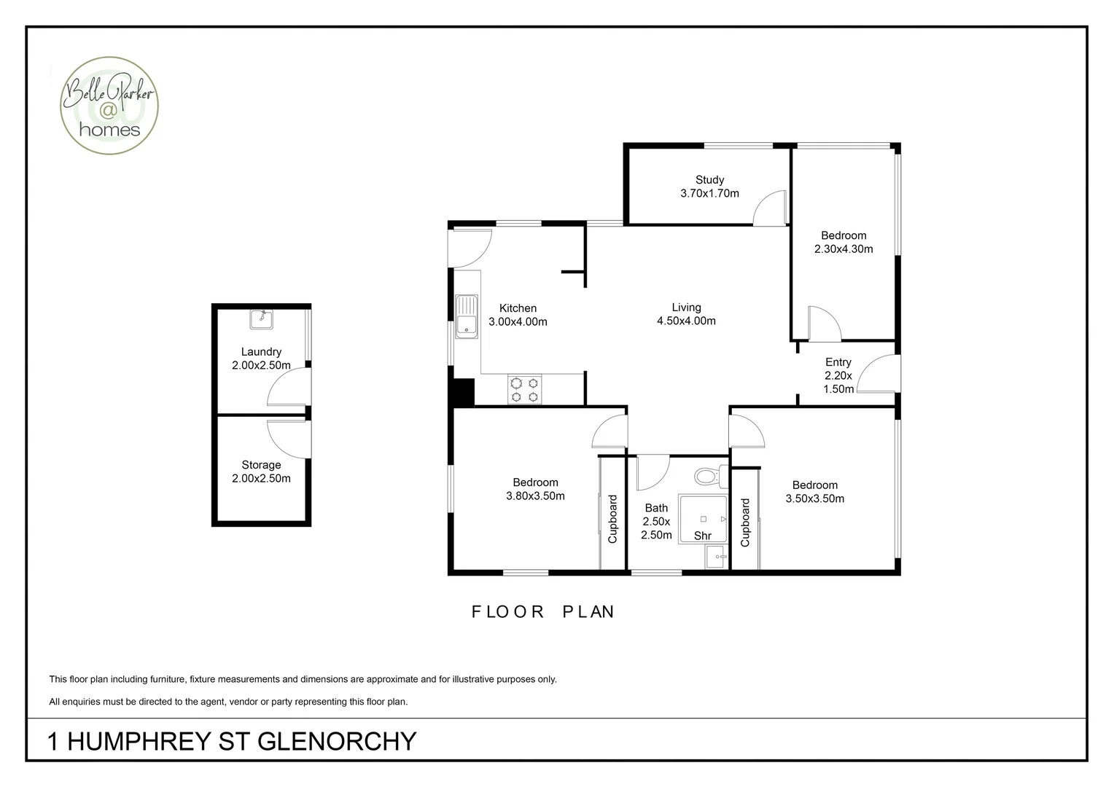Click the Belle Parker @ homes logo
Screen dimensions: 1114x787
coord(110,106)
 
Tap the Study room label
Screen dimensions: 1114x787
coord(709,180)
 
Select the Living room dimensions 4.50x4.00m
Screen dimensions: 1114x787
coord(686,321)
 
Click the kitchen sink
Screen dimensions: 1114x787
coord(465,316)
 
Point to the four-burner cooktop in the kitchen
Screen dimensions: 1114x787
coord(525,389)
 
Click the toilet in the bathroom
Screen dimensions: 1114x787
coord(708,477)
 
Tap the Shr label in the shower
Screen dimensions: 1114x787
coord(702,536)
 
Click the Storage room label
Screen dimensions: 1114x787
coord(261,465)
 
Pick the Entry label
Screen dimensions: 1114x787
coord(838,362)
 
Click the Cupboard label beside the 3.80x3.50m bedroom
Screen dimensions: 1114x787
coord(612,519)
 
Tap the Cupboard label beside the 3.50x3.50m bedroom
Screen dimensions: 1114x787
coord(745,522)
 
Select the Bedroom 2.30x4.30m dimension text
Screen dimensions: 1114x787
coord(844,249)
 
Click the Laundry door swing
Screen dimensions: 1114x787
coord(288,387)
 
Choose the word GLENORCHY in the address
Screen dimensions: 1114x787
coord(337,742)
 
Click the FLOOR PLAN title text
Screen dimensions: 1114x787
coord(543,612)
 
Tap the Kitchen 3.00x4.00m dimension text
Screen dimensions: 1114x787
coord(518,321)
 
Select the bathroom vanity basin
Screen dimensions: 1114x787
coord(716,557)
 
